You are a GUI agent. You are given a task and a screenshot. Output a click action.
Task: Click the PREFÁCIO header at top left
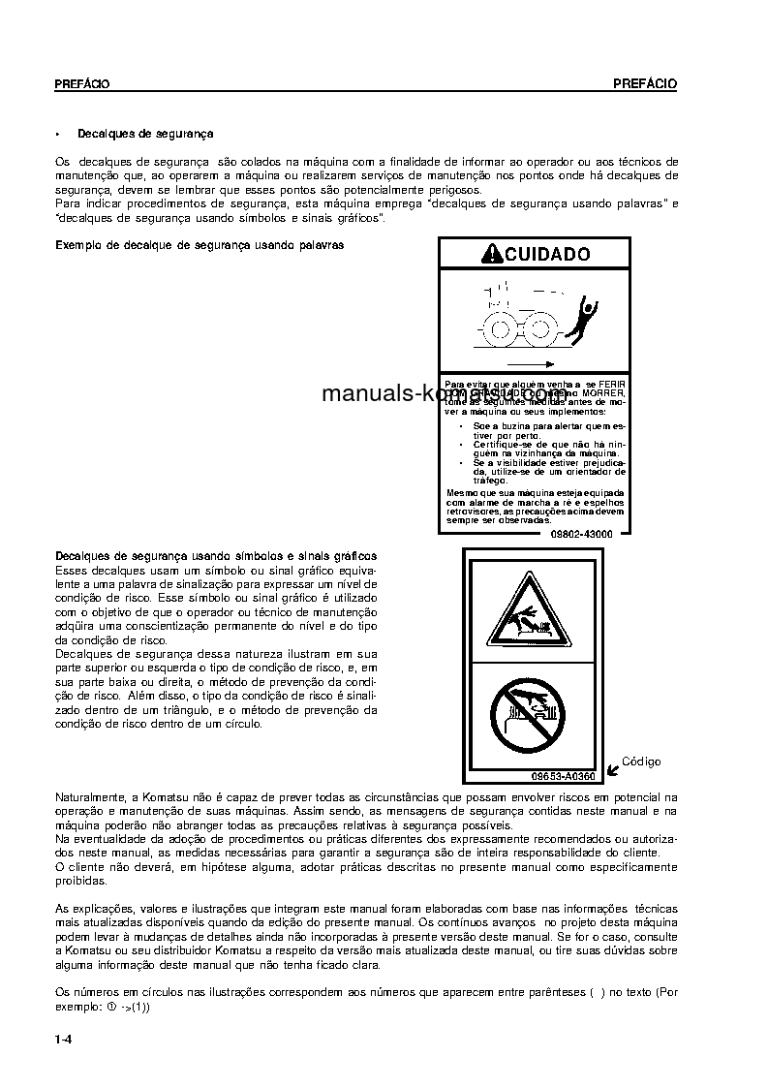point(81,84)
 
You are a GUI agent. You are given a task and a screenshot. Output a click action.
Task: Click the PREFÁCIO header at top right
point(645,84)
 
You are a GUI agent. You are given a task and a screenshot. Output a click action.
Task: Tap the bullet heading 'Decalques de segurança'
point(145,134)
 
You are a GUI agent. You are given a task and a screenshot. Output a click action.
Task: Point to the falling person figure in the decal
point(583,319)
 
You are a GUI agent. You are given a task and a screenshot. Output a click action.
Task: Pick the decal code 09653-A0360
point(563,776)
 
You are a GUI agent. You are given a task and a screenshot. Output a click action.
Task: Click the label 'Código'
point(640,762)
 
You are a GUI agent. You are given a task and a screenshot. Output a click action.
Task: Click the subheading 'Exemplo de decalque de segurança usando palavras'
point(200,246)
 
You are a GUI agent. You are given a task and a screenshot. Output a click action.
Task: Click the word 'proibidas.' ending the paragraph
point(81,881)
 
